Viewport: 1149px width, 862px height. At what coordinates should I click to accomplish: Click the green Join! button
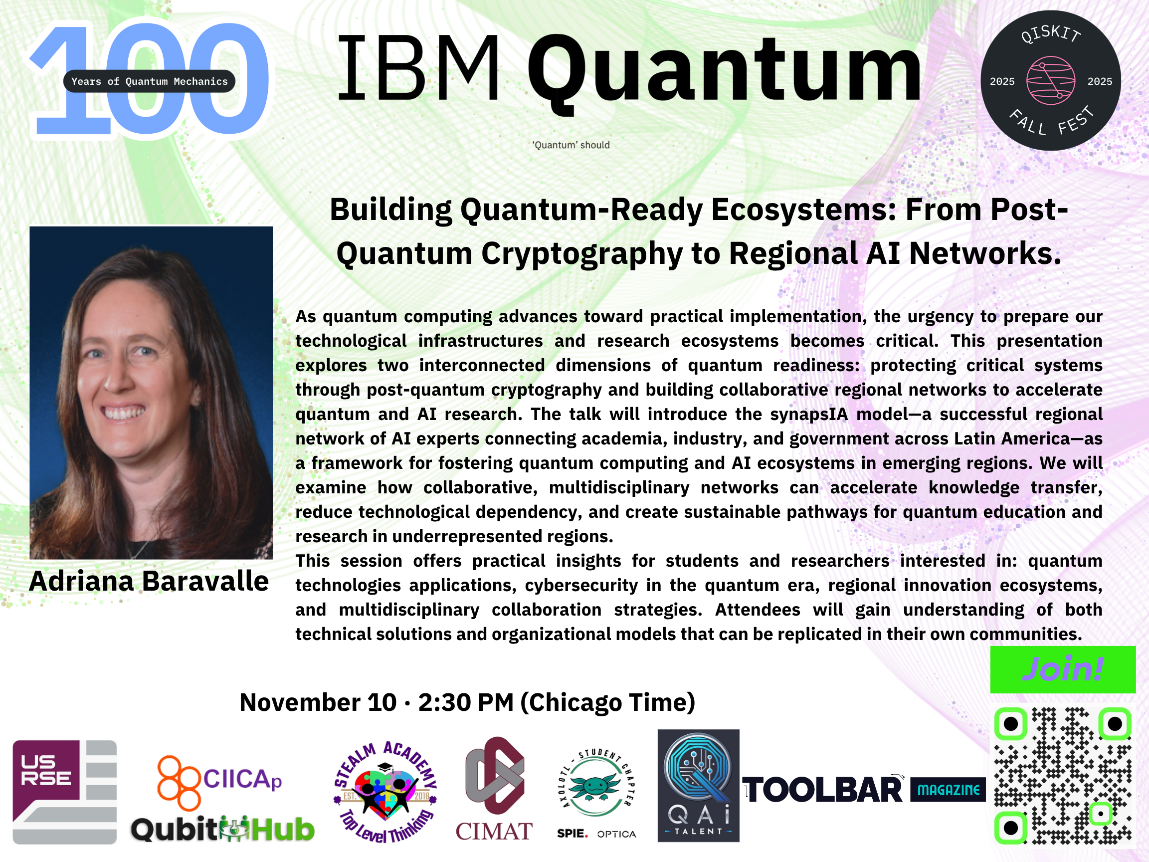click(x=1063, y=669)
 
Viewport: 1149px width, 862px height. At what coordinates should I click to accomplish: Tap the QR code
click(x=1063, y=775)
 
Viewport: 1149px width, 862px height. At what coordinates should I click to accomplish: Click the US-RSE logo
click(x=64, y=792)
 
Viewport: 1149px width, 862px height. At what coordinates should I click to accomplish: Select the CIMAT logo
click(x=494, y=789)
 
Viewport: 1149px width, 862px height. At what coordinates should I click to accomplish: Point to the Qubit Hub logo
click(x=223, y=829)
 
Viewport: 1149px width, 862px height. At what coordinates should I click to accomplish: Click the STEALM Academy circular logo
click(x=385, y=791)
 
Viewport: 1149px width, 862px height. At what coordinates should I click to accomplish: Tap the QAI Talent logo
click(x=698, y=786)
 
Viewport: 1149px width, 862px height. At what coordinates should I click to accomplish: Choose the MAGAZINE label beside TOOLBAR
click(x=948, y=790)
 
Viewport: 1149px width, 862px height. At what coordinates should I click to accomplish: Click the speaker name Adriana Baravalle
click(x=149, y=581)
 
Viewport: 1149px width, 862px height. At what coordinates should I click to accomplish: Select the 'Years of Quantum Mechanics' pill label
click(x=149, y=81)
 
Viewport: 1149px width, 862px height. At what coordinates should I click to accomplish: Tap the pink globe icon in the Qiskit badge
click(x=1050, y=80)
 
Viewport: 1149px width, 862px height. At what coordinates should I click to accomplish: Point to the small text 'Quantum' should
click(x=571, y=145)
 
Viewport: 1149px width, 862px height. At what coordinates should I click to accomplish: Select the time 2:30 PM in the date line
click(x=466, y=702)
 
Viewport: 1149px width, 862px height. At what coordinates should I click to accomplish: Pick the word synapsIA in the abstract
click(x=808, y=415)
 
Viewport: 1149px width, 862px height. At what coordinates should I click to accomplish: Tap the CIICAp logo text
click(x=242, y=779)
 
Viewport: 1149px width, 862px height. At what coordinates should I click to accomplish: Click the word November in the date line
click(x=300, y=702)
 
